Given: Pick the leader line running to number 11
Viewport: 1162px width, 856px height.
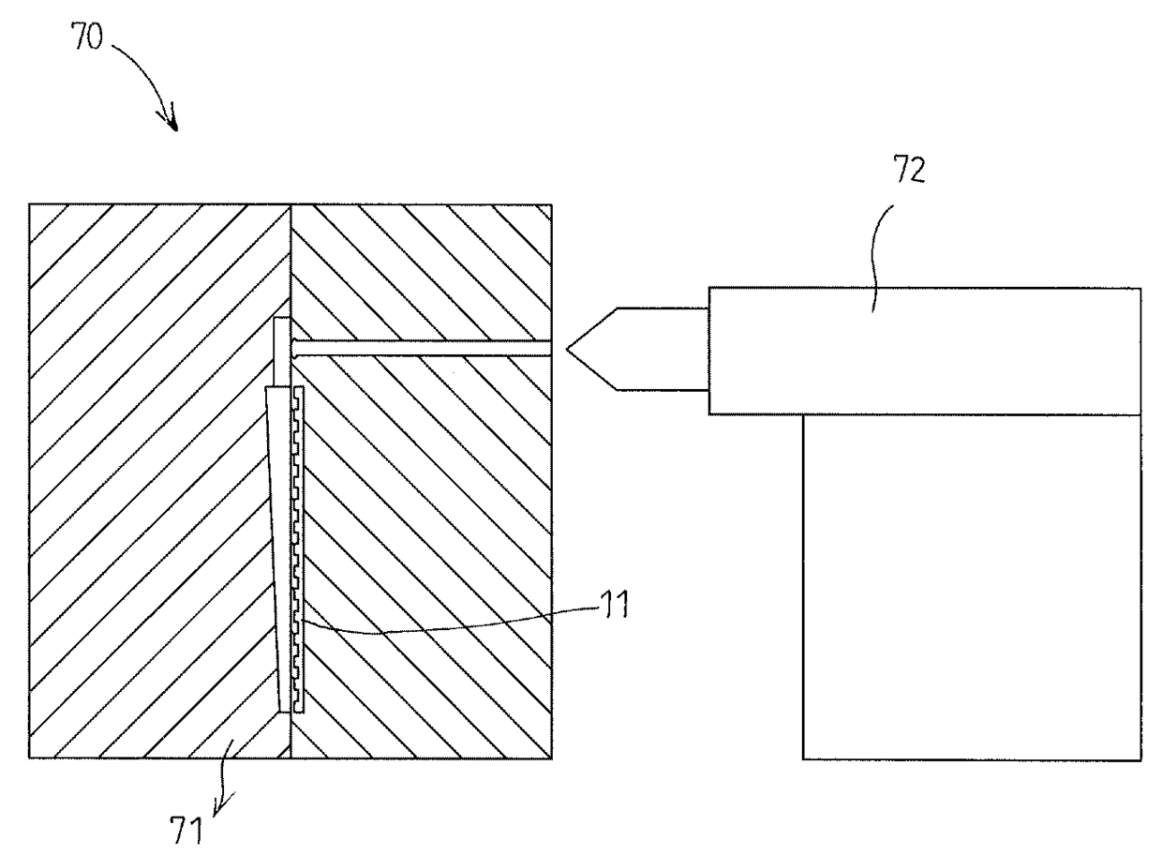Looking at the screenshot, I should [450, 628].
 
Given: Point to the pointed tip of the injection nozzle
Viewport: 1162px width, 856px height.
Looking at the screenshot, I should [570, 351].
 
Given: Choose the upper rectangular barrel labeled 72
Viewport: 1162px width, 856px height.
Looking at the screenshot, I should [924, 349].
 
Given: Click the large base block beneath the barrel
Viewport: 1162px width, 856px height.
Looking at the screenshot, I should [971, 587].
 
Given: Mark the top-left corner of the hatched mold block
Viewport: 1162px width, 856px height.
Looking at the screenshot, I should [30, 205].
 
